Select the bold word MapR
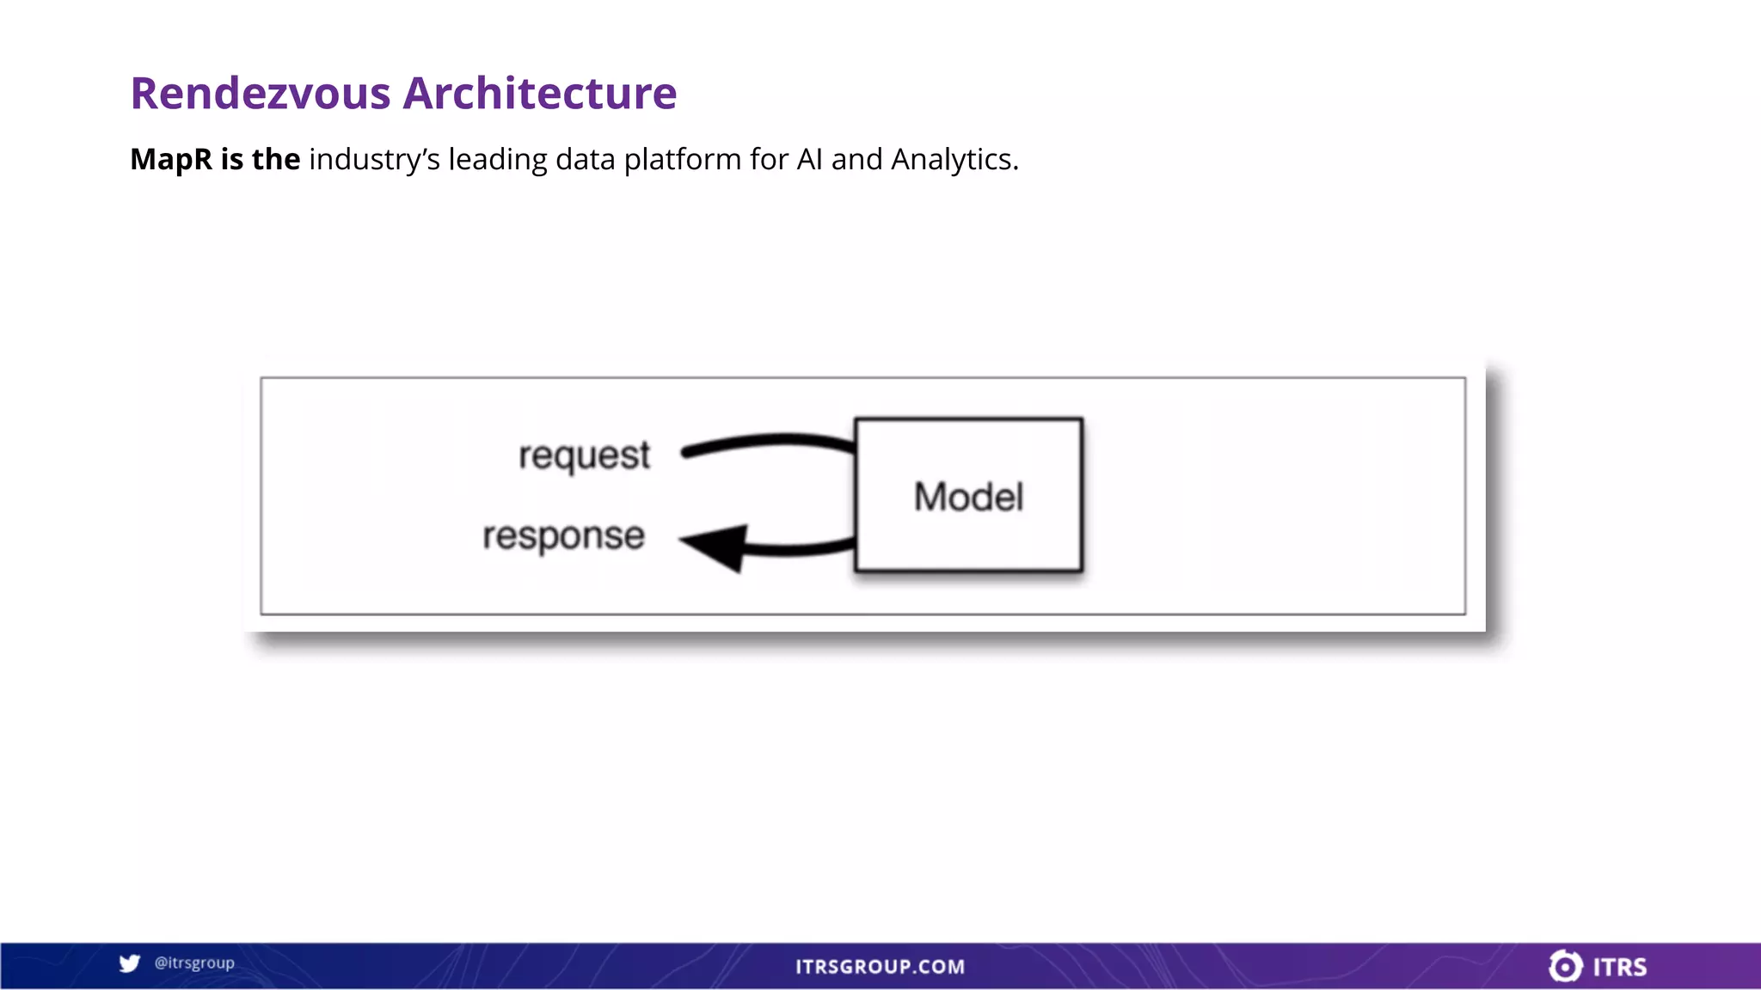(170, 159)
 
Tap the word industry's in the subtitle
(374, 160)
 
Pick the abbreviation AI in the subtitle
(809, 159)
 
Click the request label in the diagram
(584, 455)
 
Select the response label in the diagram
(563, 536)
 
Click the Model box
(968, 496)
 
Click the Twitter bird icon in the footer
(130, 963)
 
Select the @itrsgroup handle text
(194, 962)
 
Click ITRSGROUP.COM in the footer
(880, 967)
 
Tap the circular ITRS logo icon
(1565, 966)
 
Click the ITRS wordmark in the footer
(1620, 967)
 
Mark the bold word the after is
(275, 159)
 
